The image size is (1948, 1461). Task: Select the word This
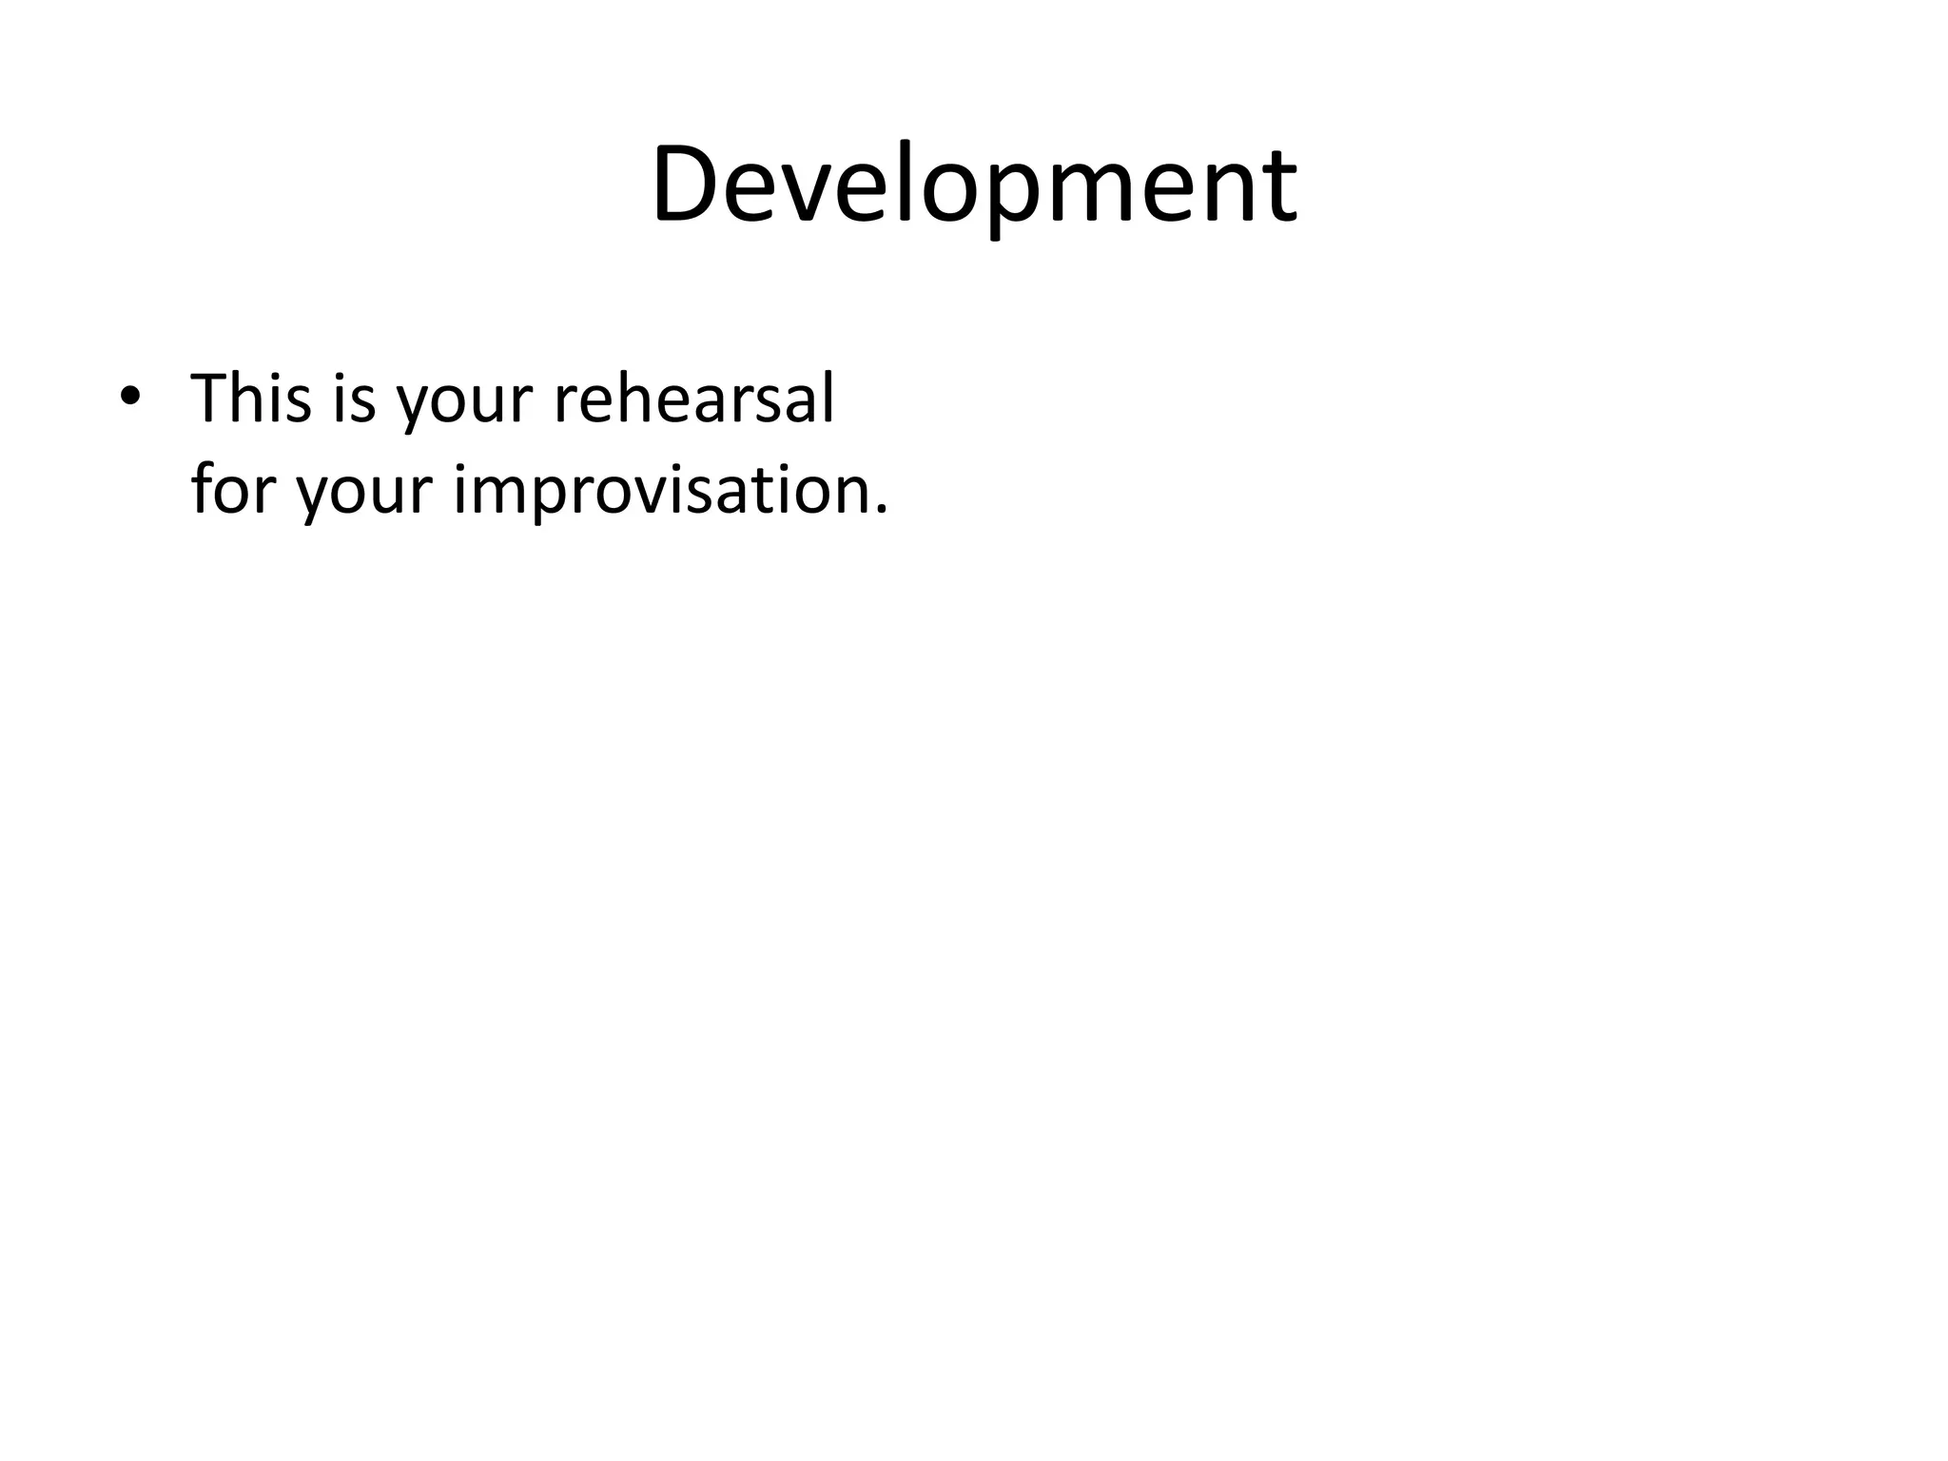[x=251, y=398]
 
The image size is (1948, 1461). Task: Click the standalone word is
[x=355, y=398]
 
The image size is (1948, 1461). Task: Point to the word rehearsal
[x=693, y=398]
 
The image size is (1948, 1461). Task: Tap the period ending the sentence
[x=880, y=511]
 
